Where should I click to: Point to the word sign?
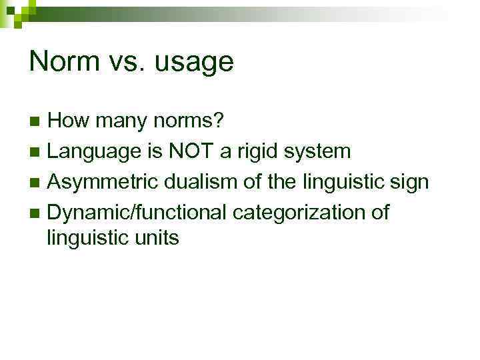point(407,182)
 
